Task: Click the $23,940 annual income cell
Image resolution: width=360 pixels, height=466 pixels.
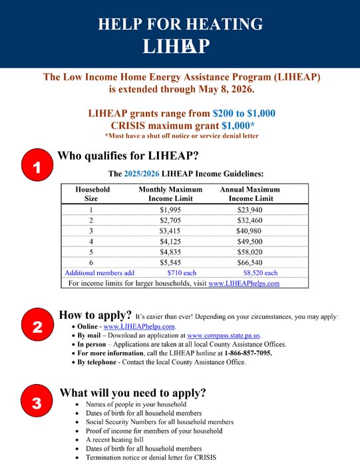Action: tap(250, 210)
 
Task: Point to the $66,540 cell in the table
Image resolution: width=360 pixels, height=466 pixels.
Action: tap(250, 262)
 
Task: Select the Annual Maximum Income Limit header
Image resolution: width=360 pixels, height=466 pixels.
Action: tap(250, 194)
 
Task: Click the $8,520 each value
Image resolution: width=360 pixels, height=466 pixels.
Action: tap(260, 273)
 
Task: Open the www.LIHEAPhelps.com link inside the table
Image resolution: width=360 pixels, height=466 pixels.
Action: tap(244, 283)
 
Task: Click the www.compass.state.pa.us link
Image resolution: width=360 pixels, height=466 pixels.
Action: tap(224, 336)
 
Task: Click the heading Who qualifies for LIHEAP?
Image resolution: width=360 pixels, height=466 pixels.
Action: tap(128, 156)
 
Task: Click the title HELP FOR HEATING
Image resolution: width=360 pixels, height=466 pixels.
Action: tap(180, 25)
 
